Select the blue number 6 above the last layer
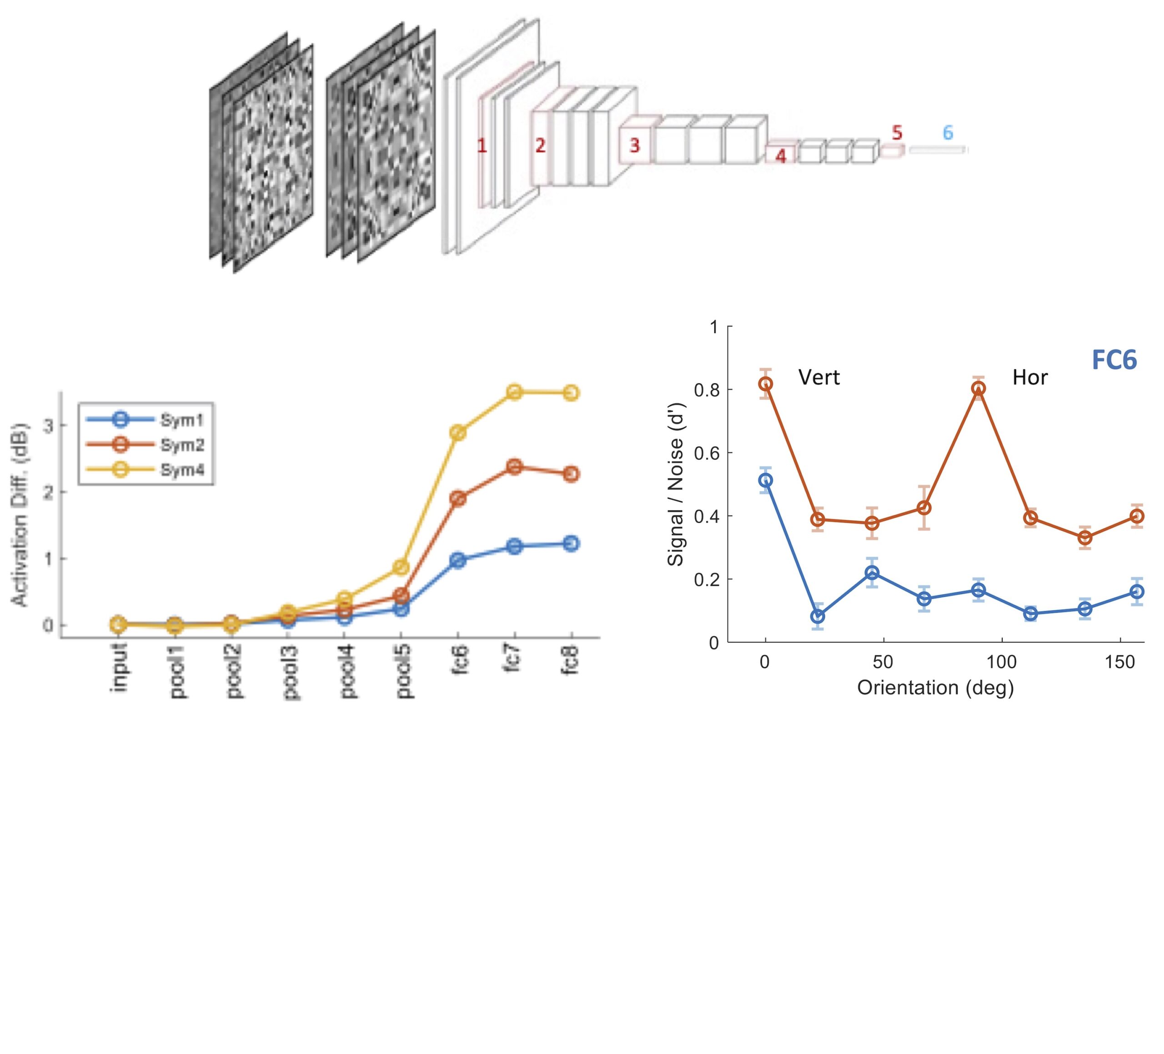point(948,133)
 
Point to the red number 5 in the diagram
point(897,133)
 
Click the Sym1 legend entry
point(181,420)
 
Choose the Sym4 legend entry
point(181,470)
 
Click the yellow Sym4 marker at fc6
point(458,433)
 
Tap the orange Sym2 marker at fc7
point(514,466)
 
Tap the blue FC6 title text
point(1114,360)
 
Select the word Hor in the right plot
point(1030,378)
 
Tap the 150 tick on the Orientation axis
point(1120,662)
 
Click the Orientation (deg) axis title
point(935,688)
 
